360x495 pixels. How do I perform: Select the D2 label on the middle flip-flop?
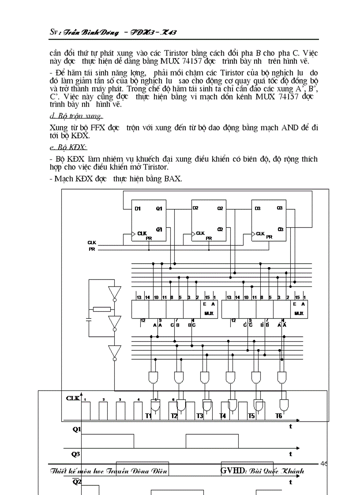coord(195,208)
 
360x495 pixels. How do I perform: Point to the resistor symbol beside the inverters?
coord(101,309)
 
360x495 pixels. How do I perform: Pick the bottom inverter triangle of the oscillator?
coord(115,352)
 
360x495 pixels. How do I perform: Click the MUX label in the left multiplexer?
coord(209,313)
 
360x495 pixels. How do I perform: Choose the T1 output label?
coord(149,416)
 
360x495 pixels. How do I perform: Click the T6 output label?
coord(278,416)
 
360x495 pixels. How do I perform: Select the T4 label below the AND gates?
coord(223,416)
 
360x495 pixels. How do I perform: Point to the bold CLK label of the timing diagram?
coord(73,398)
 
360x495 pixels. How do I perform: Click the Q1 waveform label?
coord(76,429)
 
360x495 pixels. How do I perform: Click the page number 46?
coord(324,463)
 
